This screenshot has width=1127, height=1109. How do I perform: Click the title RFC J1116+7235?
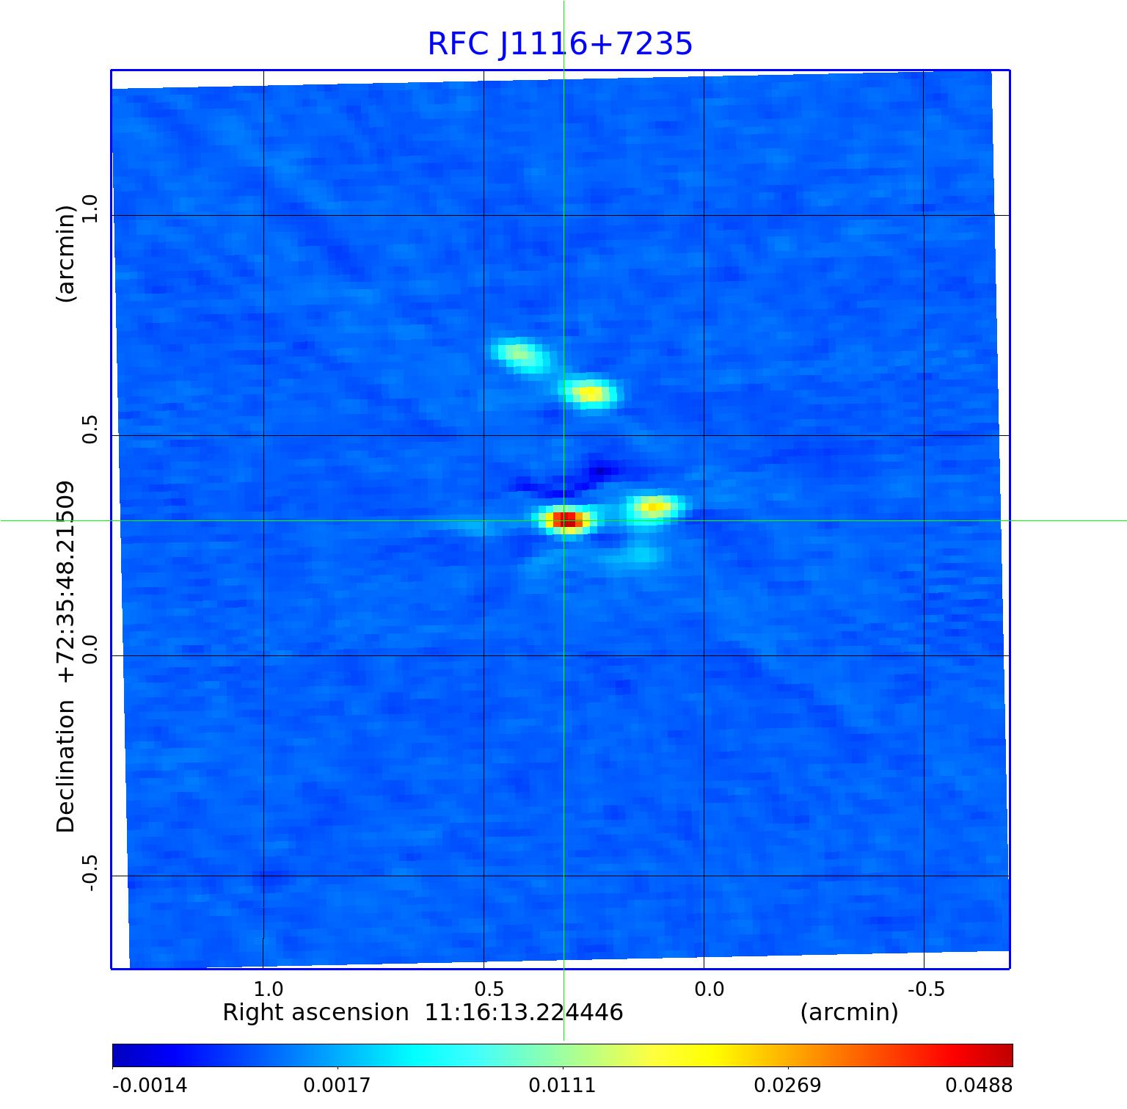pyautogui.click(x=560, y=44)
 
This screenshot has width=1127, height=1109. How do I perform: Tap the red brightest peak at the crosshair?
pyautogui.click(x=566, y=520)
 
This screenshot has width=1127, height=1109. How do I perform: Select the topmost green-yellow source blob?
pyautogui.click(x=520, y=354)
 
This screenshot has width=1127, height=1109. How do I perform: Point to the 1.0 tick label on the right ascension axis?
pyautogui.click(x=269, y=989)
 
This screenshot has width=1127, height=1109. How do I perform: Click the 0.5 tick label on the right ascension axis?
pyautogui.click(x=489, y=989)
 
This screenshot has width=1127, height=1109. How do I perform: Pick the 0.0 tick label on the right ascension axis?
pyautogui.click(x=709, y=989)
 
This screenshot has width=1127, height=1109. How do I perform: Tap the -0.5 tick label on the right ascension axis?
pyautogui.click(x=925, y=989)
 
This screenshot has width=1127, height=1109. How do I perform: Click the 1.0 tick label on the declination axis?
pyautogui.click(x=90, y=209)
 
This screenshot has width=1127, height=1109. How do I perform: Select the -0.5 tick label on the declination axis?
pyautogui.click(x=90, y=873)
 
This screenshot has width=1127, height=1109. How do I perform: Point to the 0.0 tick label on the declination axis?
pyautogui.click(x=90, y=650)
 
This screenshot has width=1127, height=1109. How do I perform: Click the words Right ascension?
pyautogui.click(x=316, y=1013)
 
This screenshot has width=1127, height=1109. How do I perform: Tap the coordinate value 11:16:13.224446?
pyautogui.click(x=524, y=1013)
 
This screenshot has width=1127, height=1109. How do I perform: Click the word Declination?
pyautogui.click(x=66, y=766)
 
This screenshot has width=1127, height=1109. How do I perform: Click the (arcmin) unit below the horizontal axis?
pyautogui.click(x=849, y=1013)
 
